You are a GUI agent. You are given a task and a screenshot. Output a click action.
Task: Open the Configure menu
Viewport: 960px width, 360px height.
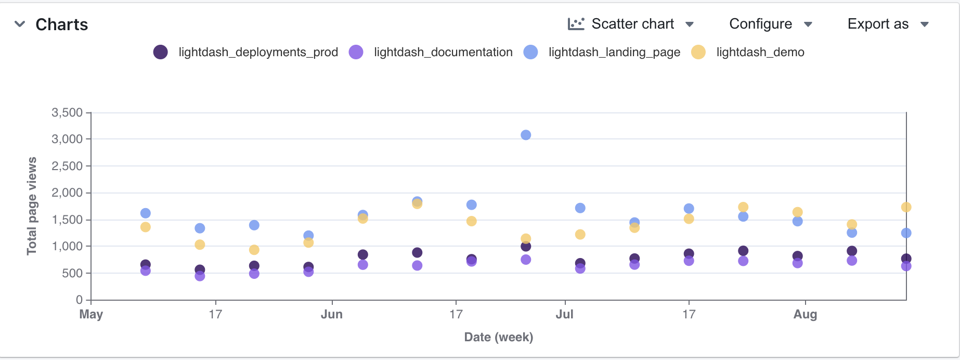pyautogui.click(x=770, y=24)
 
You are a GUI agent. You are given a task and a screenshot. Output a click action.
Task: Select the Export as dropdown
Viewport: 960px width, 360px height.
pyautogui.click(x=888, y=24)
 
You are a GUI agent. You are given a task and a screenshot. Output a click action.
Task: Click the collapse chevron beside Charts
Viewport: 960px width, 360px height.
pyautogui.click(x=20, y=24)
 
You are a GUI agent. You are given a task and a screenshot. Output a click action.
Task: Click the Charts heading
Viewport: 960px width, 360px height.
pyautogui.click(x=61, y=24)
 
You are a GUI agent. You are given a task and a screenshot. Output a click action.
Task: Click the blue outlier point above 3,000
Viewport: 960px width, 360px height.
pyautogui.click(x=526, y=135)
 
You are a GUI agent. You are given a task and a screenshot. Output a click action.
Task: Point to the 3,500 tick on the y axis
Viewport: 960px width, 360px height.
pyautogui.click(x=67, y=112)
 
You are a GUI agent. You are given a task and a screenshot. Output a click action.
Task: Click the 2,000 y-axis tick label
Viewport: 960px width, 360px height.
pyautogui.click(x=67, y=193)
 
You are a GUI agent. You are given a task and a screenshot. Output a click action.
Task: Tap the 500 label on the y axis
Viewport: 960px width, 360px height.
pyautogui.click(x=72, y=273)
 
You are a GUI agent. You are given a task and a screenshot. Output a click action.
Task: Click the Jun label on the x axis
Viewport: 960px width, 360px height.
pyautogui.click(x=332, y=314)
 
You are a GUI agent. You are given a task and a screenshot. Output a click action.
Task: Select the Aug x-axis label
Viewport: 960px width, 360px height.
pyautogui.click(x=805, y=314)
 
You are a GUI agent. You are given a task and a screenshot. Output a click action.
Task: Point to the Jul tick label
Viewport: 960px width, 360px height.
pyautogui.click(x=564, y=314)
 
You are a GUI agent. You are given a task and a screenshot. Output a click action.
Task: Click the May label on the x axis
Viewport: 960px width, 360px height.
pyautogui.click(x=91, y=314)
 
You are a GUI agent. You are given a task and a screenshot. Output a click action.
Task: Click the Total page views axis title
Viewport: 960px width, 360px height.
pyautogui.click(x=32, y=206)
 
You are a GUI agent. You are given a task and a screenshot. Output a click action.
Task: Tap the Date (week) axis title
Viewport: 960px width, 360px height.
pyautogui.click(x=498, y=337)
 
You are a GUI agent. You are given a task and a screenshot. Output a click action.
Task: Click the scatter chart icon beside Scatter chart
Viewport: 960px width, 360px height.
pyautogui.click(x=576, y=24)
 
